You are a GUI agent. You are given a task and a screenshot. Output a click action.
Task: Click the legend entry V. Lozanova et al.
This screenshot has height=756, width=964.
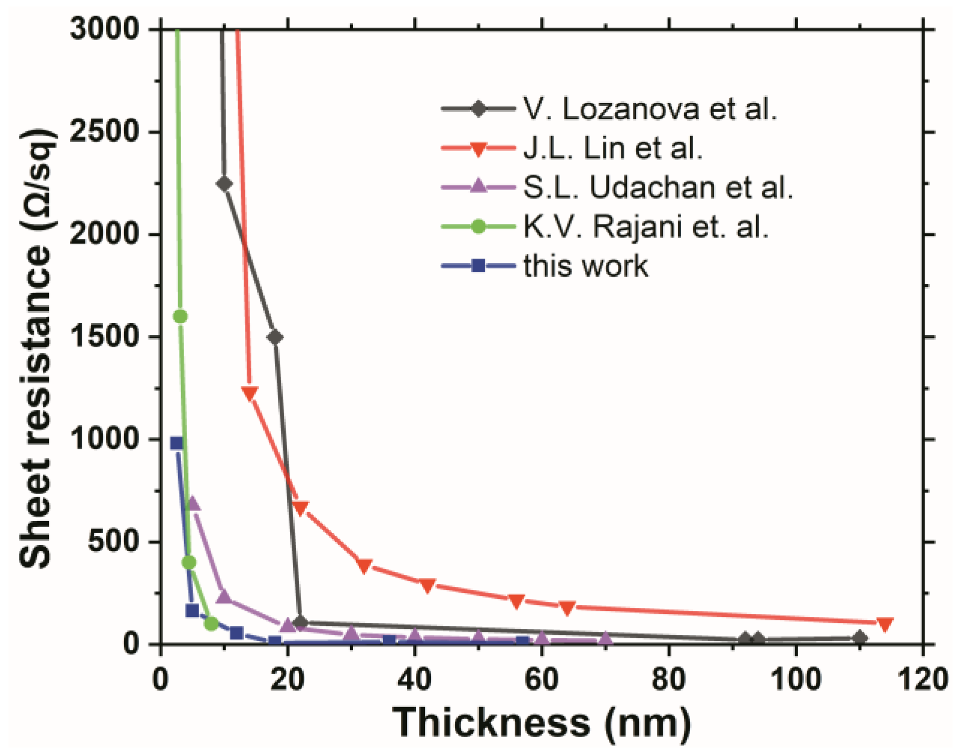point(650,108)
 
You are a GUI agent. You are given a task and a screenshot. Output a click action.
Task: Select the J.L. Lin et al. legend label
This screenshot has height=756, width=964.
point(612,148)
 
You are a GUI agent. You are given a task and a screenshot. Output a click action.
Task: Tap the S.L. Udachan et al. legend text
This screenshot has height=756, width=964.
point(657,187)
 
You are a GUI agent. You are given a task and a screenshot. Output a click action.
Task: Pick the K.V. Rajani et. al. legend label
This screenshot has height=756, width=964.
point(645,226)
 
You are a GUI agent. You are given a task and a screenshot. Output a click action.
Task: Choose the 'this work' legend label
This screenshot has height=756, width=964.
point(585,265)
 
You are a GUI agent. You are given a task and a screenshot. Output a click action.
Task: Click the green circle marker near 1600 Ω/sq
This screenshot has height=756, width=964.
point(180,316)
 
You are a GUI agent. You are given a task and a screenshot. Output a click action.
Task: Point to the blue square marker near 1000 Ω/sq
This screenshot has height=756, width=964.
point(177,443)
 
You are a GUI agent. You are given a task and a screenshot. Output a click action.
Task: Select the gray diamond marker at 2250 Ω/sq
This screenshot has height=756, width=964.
point(224,184)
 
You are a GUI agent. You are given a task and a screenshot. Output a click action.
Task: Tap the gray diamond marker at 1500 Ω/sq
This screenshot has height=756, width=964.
point(275,337)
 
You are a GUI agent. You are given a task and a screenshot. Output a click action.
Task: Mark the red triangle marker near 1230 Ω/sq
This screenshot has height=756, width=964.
point(249,393)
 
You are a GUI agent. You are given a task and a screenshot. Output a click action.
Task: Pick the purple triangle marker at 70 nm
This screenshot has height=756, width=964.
point(605,637)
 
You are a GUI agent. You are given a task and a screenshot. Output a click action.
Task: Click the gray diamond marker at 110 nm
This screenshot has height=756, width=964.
point(859,638)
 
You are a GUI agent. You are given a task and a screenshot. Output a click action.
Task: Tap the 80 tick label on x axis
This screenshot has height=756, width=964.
point(668,679)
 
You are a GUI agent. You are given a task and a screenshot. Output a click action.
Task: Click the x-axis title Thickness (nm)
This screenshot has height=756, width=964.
point(542,722)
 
